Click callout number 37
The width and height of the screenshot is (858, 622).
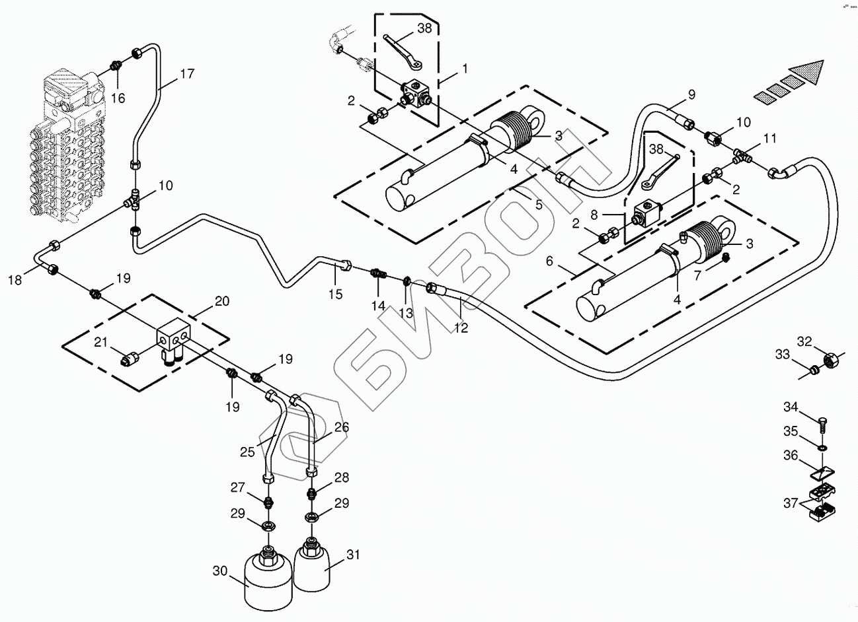(x=790, y=504)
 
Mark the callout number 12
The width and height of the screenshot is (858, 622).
(x=461, y=328)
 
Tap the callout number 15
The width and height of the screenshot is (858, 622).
(x=336, y=294)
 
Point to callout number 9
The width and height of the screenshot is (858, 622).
(x=691, y=94)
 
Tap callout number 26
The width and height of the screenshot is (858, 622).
(x=340, y=428)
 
